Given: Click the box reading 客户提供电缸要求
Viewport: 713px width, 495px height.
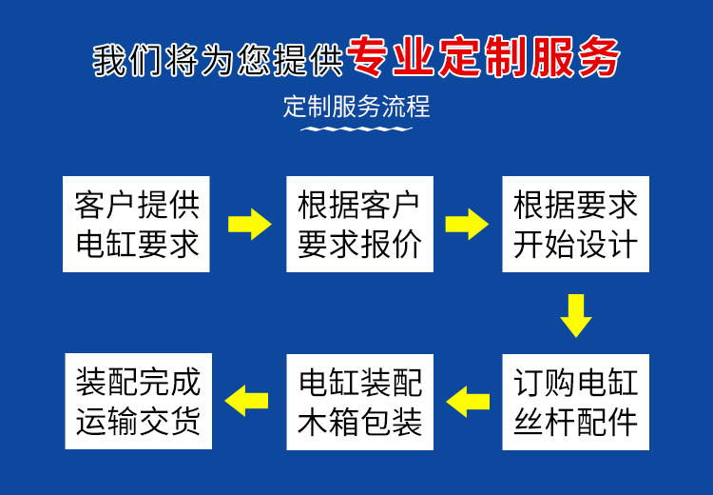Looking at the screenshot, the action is (136, 224).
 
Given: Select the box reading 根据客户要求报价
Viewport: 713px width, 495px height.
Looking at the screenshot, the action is (359, 224).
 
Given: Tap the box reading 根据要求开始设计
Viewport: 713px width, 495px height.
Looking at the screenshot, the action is (576, 224).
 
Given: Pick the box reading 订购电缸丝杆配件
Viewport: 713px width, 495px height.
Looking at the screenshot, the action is (576, 402).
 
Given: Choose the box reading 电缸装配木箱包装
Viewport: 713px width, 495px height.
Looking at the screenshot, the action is (359, 402).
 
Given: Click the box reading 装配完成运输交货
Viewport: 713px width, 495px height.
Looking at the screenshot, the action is (138, 401).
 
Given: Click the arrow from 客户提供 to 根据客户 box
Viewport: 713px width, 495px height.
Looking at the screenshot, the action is (250, 224).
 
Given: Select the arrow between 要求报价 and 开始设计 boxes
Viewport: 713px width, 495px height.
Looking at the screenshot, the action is (467, 224).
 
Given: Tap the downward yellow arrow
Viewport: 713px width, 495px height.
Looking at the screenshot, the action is (576, 316).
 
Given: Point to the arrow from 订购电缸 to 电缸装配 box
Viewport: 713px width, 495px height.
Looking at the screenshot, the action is (468, 402).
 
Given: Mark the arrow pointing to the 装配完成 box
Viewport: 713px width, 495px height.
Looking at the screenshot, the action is (246, 401).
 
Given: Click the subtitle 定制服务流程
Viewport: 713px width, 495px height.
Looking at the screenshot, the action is (356, 107).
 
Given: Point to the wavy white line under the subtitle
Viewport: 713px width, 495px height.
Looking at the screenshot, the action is (356, 129).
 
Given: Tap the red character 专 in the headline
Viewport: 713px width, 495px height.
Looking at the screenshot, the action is (367, 56).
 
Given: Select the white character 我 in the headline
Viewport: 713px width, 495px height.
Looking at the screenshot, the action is (110, 60).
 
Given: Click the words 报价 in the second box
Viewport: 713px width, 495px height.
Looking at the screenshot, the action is (391, 244).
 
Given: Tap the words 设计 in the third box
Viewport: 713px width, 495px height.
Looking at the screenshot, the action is (607, 244).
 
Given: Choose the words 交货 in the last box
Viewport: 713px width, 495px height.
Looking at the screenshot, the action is (169, 422).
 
